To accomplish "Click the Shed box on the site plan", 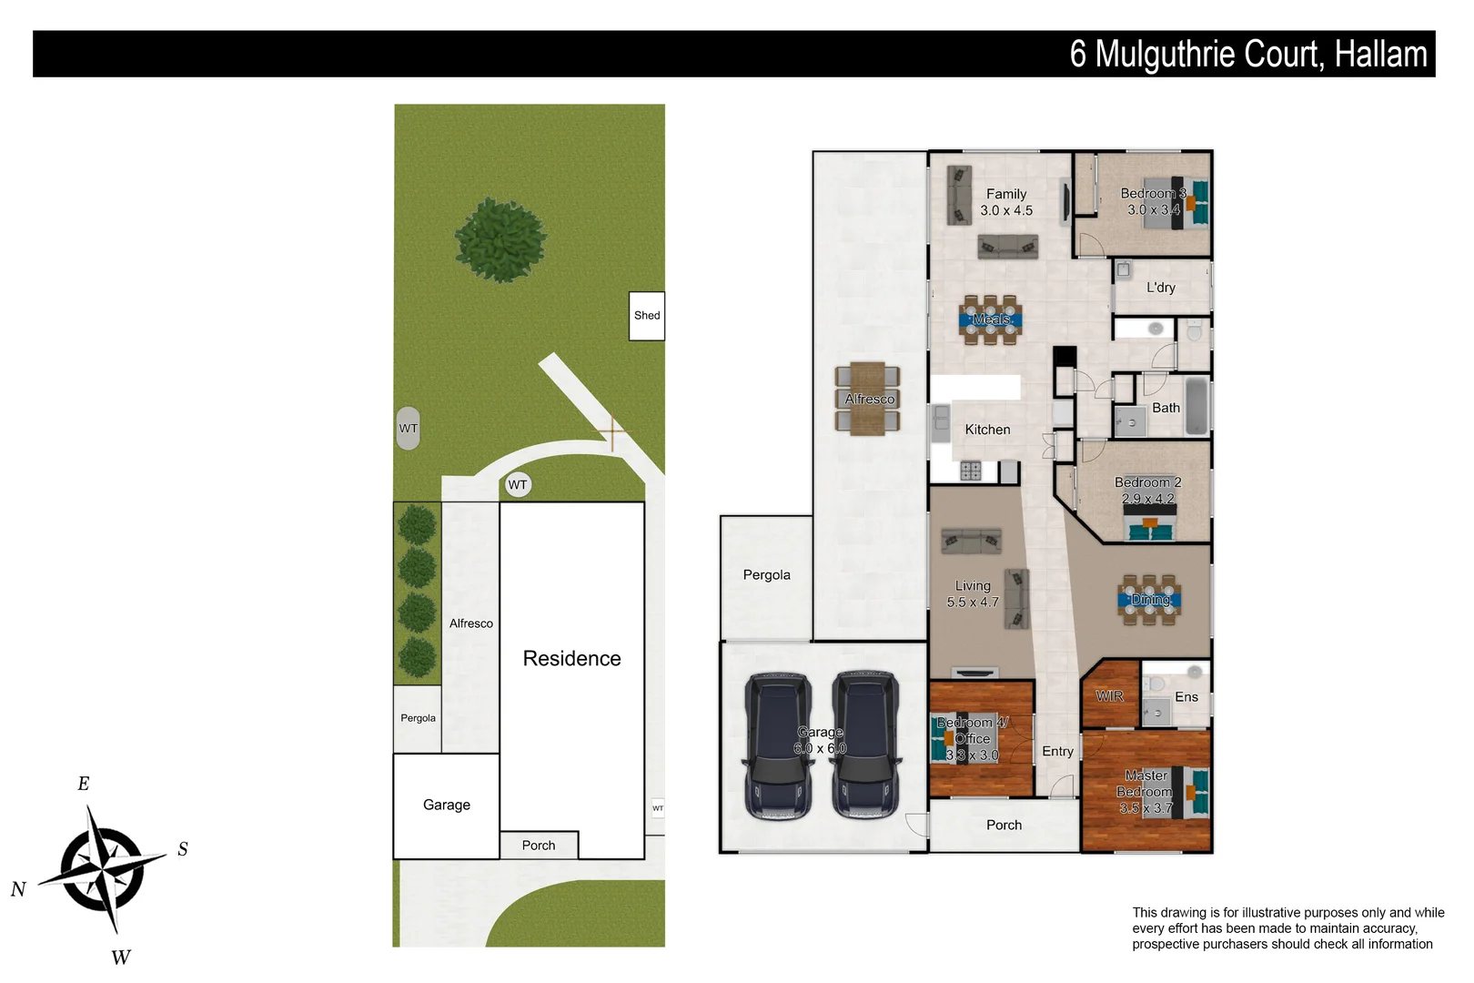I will [647, 316].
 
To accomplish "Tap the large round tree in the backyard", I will [500, 239].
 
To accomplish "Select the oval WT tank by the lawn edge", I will [409, 428].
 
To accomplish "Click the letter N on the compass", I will [18, 889].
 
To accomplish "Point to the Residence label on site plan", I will [571, 658].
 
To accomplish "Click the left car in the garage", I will [778, 746].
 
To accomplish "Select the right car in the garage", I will [866, 746].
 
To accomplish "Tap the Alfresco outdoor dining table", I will [868, 399].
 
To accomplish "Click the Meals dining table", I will [991, 319].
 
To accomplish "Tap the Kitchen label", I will [987, 430].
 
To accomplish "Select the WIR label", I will [1110, 696].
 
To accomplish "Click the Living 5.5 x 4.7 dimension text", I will [973, 602].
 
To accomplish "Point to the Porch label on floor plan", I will [1004, 825].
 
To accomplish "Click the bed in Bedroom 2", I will [1151, 523].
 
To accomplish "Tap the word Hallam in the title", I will [1380, 55].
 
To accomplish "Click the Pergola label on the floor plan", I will [766, 575].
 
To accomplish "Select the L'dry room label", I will [1161, 288].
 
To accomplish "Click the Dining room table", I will [1150, 600].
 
